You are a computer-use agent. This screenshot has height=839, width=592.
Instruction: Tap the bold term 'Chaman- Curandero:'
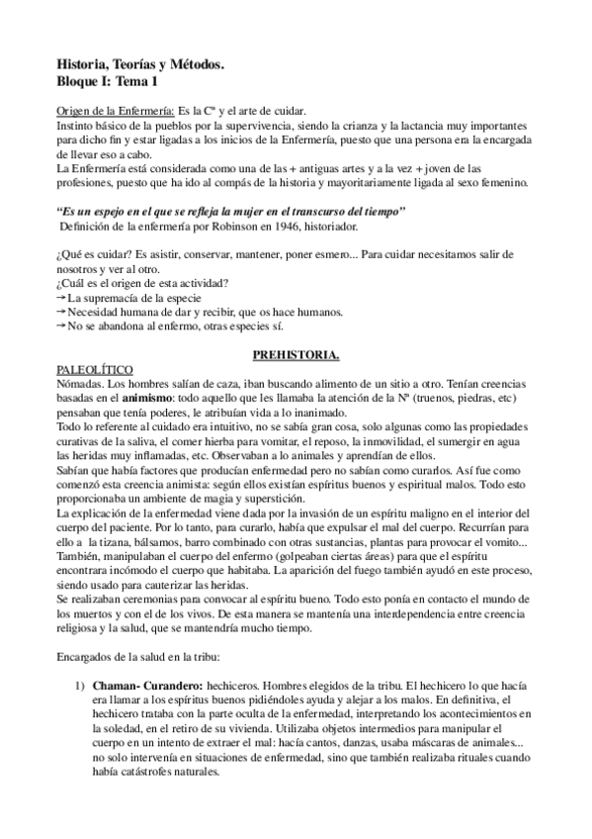click(x=147, y=685)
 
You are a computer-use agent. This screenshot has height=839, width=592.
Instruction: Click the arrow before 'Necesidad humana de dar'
click(x=61, y=311)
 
